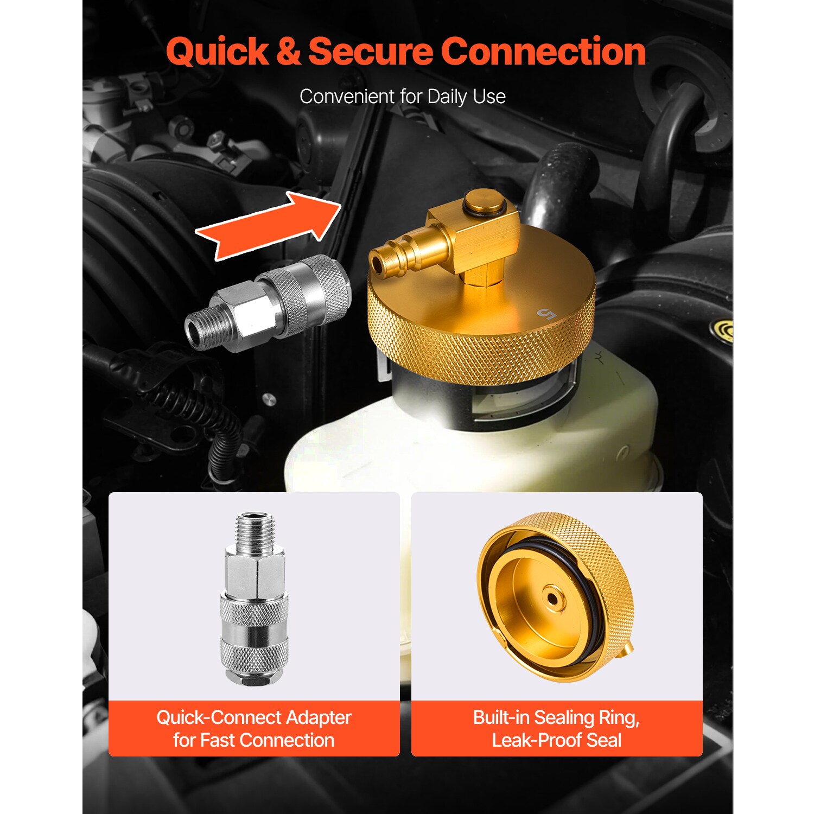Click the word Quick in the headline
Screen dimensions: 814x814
[217, 53]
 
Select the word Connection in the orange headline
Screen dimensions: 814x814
[543, 52]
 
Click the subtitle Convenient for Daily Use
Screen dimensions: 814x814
[403, 97]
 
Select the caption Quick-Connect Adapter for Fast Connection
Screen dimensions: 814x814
[254, 729]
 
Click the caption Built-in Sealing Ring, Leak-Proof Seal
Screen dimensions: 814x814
[557, 729]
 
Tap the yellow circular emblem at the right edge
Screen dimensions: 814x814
[724, 330]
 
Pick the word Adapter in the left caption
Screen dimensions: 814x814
[319, 718]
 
